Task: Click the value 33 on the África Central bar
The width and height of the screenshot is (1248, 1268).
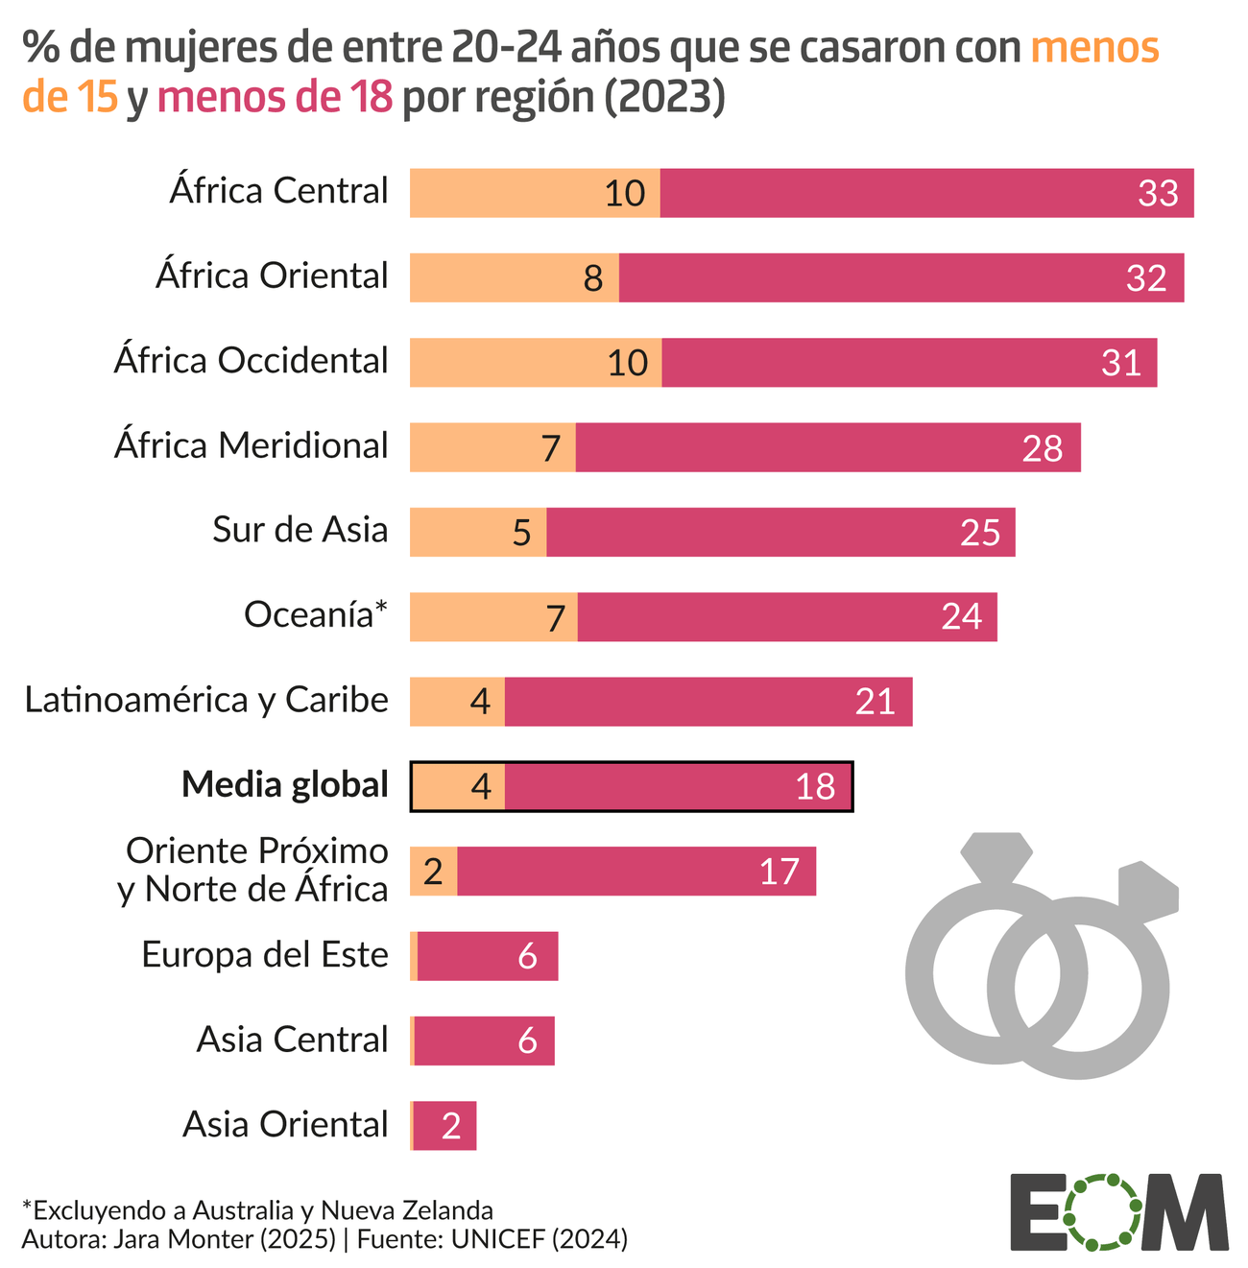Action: click(x=1158, y=193)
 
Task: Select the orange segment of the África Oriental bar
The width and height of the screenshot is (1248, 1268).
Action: click(x=514, y=277)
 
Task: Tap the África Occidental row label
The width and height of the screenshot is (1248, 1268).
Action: click(x=252, y=361)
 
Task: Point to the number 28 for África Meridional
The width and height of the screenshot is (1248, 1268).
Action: click(x=1042, y=447)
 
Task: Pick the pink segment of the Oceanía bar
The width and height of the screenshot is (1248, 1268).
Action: click(x=787, y=616)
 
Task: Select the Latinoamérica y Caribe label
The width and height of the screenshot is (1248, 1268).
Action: click(x=206, y=700)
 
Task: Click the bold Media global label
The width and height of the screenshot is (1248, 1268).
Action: click(x=284, y=785)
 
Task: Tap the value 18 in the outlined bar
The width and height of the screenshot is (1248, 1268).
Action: click(x=815, y=787)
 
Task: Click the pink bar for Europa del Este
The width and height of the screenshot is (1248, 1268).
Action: click(x=488, y=956)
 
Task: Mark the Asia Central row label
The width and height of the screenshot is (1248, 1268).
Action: click(x=292, y=1040)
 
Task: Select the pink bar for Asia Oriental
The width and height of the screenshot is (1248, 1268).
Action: click(x=445, y=1125)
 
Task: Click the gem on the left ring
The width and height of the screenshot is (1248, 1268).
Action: click(x=996, y=854)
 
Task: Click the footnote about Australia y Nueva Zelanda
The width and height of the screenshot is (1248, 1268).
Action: click(x=257, y=1208)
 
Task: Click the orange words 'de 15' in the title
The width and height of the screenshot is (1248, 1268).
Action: click(x=71, y=97)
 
